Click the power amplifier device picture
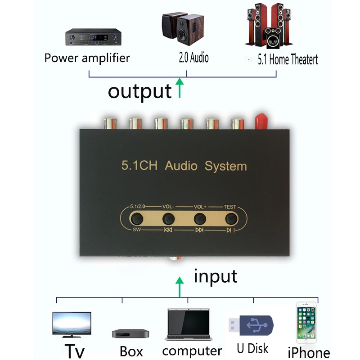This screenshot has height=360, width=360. (93, 37)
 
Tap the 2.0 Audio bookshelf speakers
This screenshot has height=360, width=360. (183, 28)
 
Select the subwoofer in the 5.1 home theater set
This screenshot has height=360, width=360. (273, 38)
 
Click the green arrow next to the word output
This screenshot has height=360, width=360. (180, 88)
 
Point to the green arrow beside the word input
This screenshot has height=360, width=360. (180, 287)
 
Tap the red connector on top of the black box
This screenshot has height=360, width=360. (261, 121)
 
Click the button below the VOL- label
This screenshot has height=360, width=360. (168, 219)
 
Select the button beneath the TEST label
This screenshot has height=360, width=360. (231, 219)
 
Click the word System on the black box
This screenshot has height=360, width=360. (226, 166)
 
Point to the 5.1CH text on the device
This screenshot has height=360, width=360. (139, 165)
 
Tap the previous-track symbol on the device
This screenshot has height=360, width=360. (168, 230)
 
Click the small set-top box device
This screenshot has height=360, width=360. (130, 333)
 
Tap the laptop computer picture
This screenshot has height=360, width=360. (189, 324)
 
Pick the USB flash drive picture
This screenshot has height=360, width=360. (251, 325)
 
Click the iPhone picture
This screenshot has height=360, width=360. (306, 323)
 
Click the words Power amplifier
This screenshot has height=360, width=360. (87, 58)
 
